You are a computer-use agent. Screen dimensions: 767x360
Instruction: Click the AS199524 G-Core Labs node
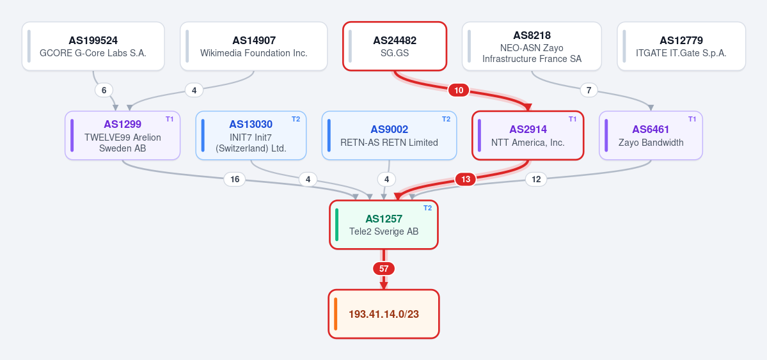tap(93, 46)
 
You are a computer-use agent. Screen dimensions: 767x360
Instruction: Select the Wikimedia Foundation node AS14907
tap(254, 46)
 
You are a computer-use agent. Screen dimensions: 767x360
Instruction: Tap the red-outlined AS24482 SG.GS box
tap(395, 46)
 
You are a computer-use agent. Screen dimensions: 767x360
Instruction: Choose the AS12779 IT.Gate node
tap(681, 46)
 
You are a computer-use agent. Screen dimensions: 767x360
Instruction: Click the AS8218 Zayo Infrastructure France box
tap(532, 46)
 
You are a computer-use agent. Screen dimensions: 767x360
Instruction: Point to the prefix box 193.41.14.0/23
tap(384, 314)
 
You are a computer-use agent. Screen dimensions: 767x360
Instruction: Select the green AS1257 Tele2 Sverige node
tap(384, 224)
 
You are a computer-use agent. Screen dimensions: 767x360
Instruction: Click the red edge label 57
tap(384, 269)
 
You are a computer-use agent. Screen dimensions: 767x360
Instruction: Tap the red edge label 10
tap(458, 90)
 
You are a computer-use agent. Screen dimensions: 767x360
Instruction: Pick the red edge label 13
tap(466, 180)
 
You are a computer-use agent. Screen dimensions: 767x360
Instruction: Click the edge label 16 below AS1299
tap(235, 180)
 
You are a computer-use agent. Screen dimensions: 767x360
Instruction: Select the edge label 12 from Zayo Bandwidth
tap(536, 180)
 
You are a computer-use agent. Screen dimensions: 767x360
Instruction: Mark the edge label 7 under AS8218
tap(589, 90)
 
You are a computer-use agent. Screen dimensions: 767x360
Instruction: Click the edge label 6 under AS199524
tap(104, 90)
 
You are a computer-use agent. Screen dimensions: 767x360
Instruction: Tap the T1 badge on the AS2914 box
tap(573, 119)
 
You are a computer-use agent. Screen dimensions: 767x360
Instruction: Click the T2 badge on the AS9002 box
tap(446, 119)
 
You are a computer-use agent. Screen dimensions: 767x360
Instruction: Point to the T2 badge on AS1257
tap(427, 208)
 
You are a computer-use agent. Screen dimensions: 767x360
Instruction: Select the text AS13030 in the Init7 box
tap(251, 124)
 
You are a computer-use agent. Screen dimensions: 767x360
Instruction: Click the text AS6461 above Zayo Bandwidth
tap(651, 129)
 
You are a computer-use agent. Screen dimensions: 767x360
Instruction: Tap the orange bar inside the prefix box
tap(336, 314)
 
